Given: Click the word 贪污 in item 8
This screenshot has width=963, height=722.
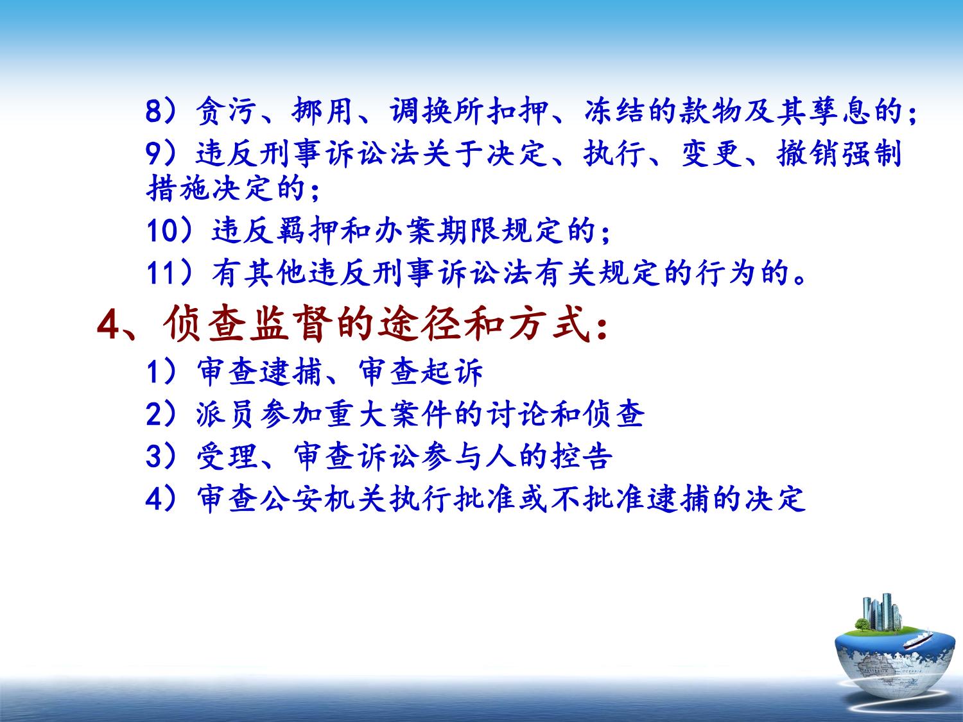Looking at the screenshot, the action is [225, 111].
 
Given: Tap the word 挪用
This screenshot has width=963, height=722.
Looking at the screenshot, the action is [322, 111].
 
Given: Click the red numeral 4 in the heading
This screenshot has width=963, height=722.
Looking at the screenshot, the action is [108, 326].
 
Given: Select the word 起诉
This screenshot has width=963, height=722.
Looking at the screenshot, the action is [453, 372].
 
